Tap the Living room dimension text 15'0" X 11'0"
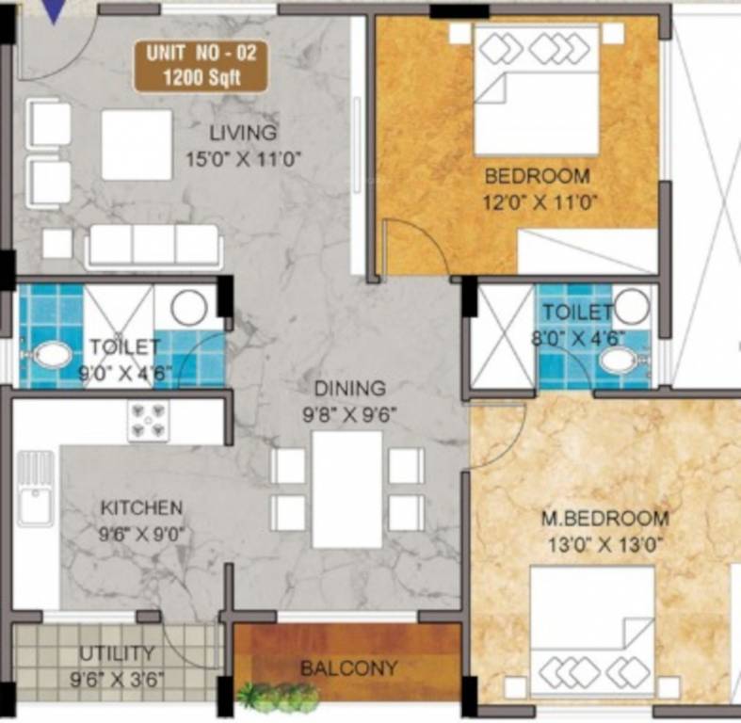[x=243, y=158]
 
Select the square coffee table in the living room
[x=137, y=145]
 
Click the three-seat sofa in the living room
[x=153, y=246]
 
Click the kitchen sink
[x=36, y=489]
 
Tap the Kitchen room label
[x=141, y=508]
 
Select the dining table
[x=346, y=490]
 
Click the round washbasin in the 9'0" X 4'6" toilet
[x=188, y=308]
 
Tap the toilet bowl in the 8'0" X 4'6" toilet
[x=619, y=360]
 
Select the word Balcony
[x=348, y=668]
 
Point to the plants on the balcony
[x=278, y=698]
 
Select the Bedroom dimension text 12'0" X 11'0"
[x=541, y=201]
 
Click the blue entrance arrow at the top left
[x=57, y=9]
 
